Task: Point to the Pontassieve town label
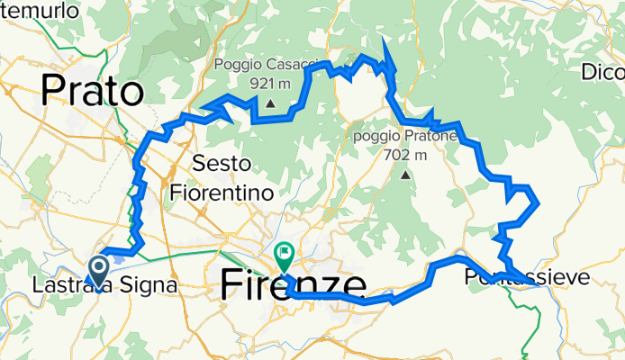click(527, 278)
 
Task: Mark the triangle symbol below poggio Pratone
click(405, 174)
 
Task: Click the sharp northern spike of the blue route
click(384, 40)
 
